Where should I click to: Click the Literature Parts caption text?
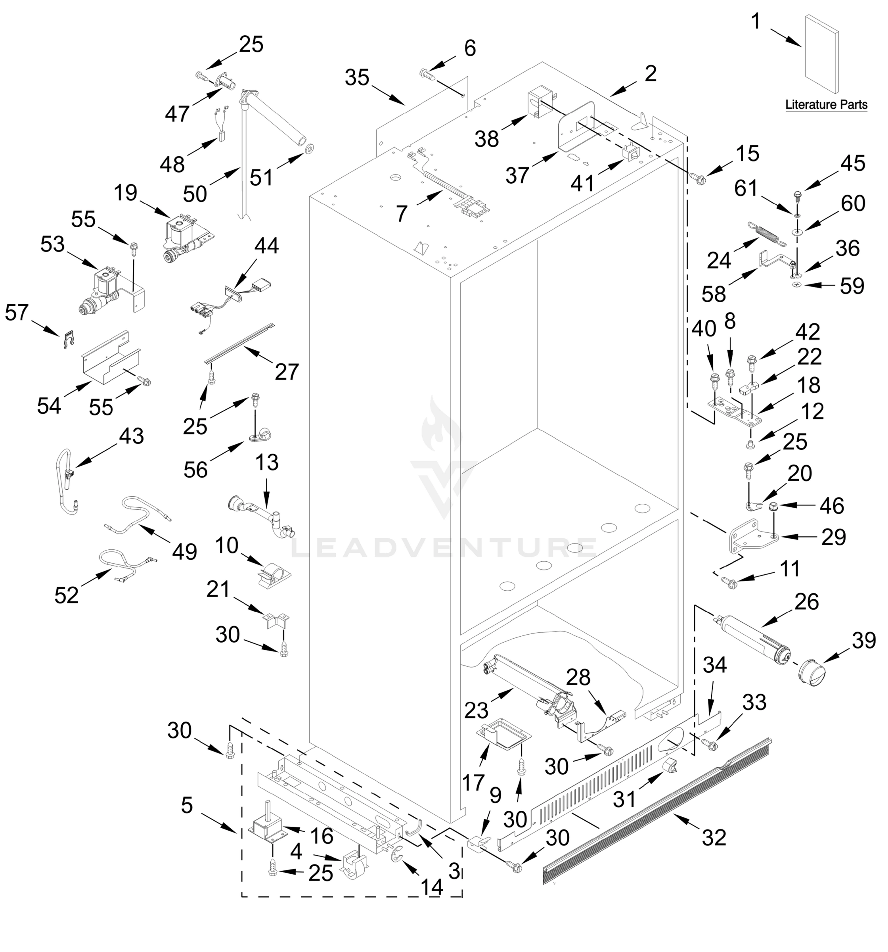click(x=826, y=104)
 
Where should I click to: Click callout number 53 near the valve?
click(x=52, y=244)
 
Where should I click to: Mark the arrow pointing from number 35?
click(x=388, y=95)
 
